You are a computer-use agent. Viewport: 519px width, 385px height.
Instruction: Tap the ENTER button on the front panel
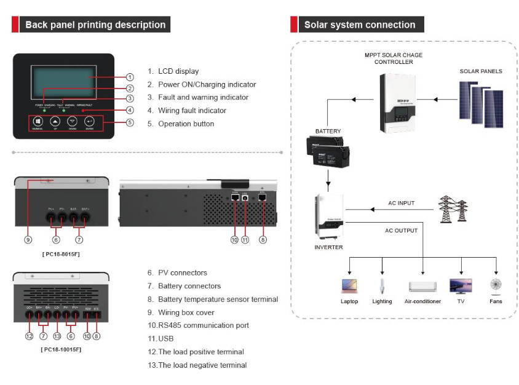[90, 122]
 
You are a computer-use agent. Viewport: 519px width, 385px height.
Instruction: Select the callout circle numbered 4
[130, 111]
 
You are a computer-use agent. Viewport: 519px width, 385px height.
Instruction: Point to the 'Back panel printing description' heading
[95, 25]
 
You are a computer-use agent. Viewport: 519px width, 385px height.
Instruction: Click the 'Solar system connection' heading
[360, 25]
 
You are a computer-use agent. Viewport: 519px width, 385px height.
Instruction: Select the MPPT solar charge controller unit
[400, 102]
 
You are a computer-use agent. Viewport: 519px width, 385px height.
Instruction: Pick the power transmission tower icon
[453, 210]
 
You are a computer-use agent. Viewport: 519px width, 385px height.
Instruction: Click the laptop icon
[349, 286]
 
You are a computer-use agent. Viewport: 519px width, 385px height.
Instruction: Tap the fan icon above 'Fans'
[496, 285]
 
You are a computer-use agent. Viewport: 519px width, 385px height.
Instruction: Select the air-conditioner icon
[422, 287]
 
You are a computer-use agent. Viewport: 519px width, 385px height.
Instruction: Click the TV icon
[461, 286]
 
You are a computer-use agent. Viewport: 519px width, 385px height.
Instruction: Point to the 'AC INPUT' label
[401, 203]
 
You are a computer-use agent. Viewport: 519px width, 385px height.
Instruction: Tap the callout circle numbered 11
[245, 240]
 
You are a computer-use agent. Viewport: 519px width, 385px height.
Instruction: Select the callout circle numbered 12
[29, 336]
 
